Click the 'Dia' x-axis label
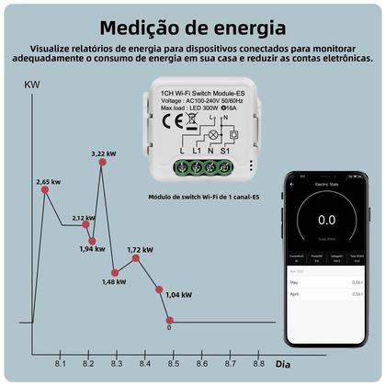pos(285,365)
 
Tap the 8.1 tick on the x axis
pos(61,365)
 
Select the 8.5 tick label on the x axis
pos(174,365)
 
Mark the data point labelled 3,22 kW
pos(101,162)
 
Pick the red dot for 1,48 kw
pos(115,272)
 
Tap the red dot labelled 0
pos(169,316)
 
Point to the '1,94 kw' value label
pos(92,249)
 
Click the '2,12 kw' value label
pos(84,218)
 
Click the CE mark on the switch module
pos(172,119)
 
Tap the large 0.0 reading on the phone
pos(326,220)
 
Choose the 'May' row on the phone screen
pos(326,282)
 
